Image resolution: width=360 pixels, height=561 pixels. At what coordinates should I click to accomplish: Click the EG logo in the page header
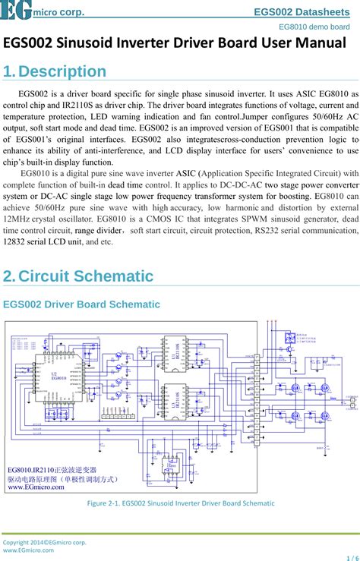click(x=15, y=9)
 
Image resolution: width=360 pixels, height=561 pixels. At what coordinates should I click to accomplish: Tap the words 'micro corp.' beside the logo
click(x=58, y=12)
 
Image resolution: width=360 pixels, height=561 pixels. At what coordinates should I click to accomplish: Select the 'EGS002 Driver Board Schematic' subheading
click(x=82, y=304)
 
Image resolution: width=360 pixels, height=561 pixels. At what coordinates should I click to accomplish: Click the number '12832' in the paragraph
click(x=17, y=241)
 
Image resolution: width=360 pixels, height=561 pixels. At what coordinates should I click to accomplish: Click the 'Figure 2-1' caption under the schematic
click(x=180, y=503)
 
